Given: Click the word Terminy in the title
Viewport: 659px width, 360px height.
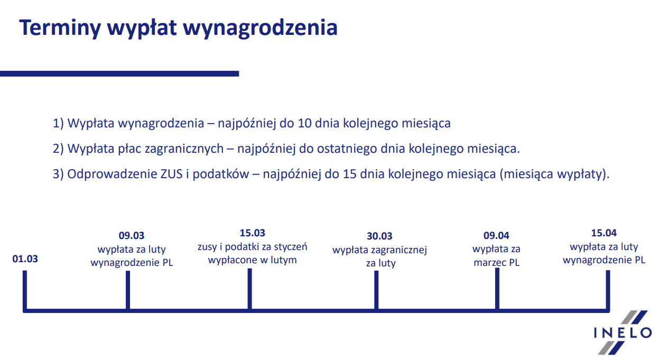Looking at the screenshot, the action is pos(60,28).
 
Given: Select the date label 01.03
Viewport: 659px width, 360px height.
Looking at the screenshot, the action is pos(25,259).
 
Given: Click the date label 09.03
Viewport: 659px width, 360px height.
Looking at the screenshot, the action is pos(132,235).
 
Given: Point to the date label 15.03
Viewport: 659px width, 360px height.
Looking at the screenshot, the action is pos(253,233).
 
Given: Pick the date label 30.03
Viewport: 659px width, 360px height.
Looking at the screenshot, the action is pos(379,236).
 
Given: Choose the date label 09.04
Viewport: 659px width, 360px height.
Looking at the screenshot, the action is pos(496,235).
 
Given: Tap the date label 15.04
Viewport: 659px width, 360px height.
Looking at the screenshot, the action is pos(604,233).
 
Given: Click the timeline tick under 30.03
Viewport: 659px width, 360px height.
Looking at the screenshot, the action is pos(376,290).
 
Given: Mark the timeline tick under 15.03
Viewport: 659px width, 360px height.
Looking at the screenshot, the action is pos(249,289).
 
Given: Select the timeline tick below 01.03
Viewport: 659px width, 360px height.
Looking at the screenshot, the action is pos(25,290).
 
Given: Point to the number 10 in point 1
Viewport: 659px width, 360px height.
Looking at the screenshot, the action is pos(304,123).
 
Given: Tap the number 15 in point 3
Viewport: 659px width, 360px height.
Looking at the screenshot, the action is pos(349,174).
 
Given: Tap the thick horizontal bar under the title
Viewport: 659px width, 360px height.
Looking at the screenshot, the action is pos(119,73).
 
